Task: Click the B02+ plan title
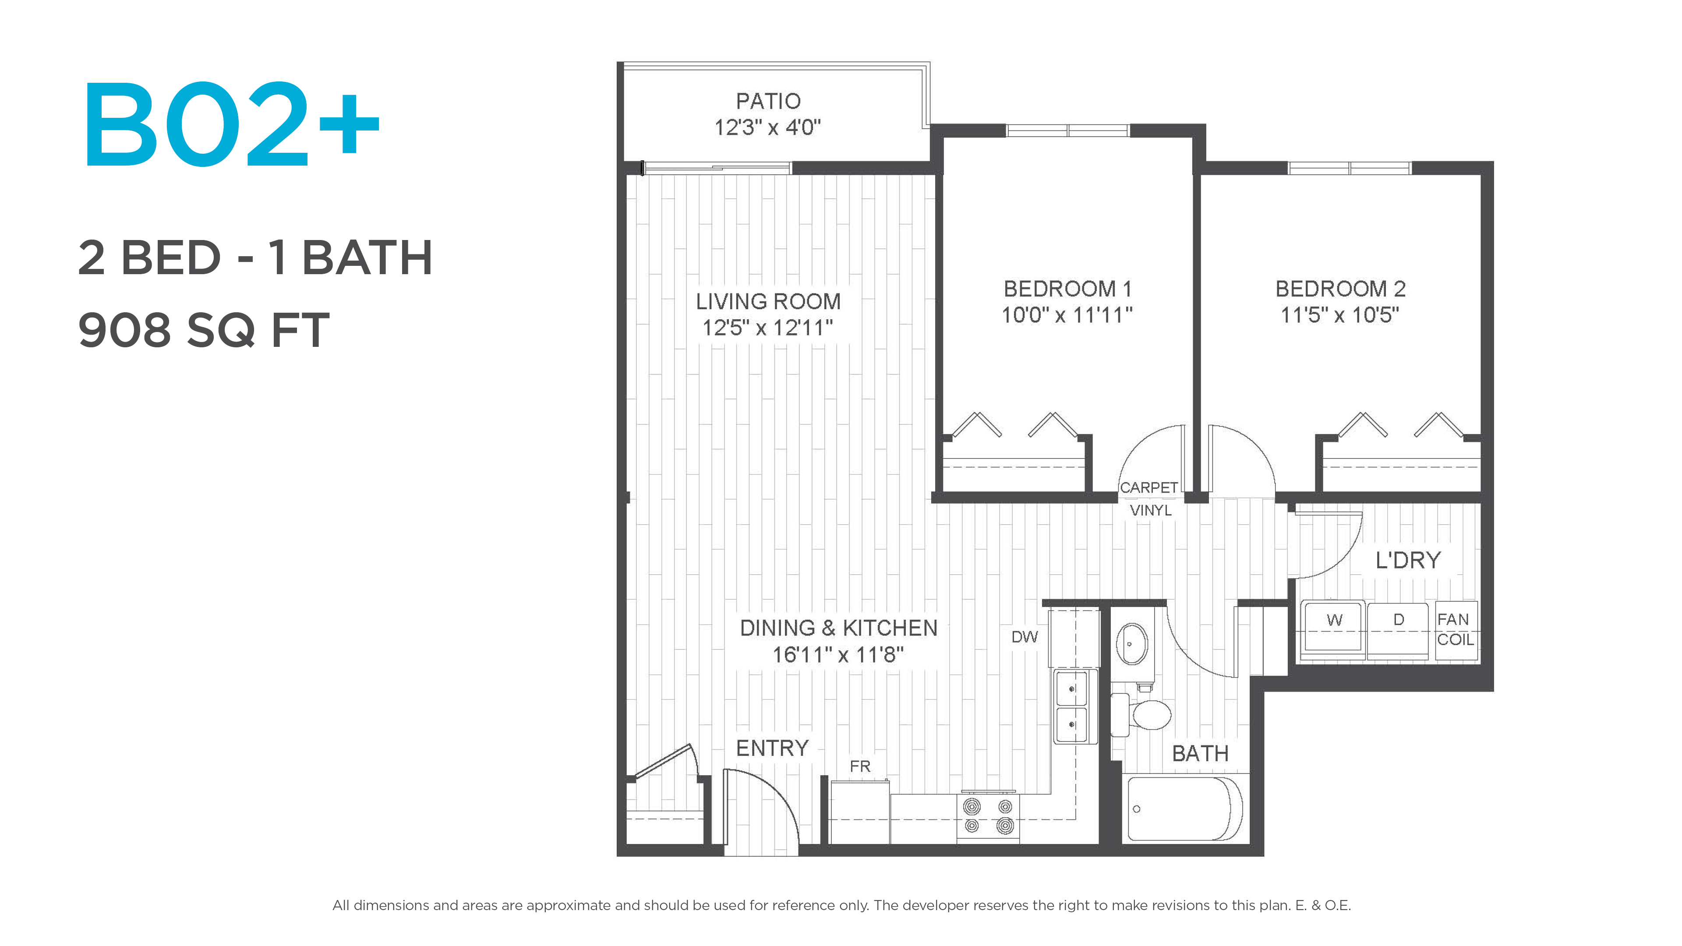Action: click(x=231, y=124)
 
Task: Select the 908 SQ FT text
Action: click(x=204, y=330)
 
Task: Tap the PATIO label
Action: click(x=768, y=101)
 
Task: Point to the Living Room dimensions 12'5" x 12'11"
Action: click(x=767, y=328)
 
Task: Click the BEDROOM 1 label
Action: click(x=1067, y=289)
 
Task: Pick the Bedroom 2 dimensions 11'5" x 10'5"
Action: click(x=1340, y=315)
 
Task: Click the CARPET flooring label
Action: click(x=1148, y=488)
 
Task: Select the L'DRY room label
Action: click(x=1408, y=560)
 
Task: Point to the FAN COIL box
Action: click(x=1456, y=630)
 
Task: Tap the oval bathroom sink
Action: click(x=1132, y=644)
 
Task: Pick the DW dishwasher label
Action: click(x=1025, y=637)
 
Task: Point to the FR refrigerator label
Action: click(x=860, y=766)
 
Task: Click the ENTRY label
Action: click(x=772, y=748)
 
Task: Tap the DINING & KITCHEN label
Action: click(x=838, y=628)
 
